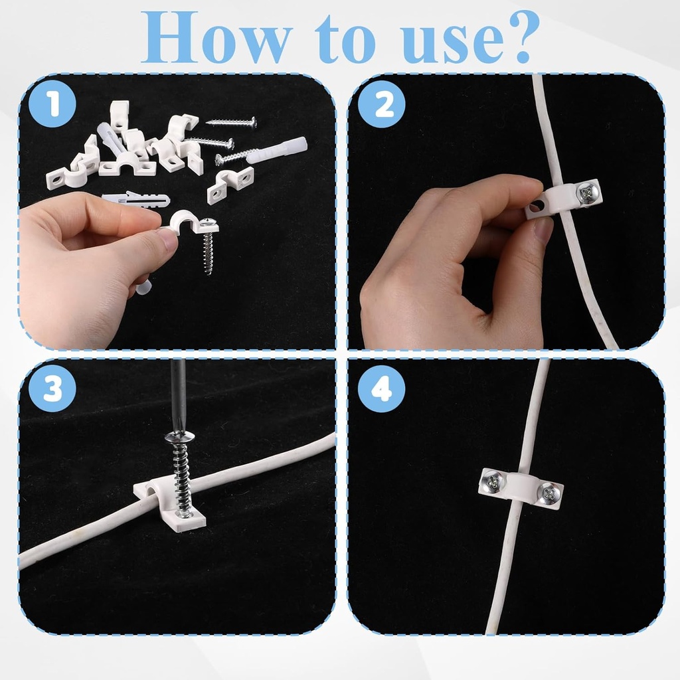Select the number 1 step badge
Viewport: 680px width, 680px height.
pos(52,105)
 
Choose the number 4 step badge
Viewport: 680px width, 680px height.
pos(381,390)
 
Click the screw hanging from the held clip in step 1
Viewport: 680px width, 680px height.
pos(208,249)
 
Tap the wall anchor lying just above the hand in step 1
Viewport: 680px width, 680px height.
pos(135,199)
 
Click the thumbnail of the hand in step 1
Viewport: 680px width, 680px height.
pos(166,238)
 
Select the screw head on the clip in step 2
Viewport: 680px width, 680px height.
pos(588,193)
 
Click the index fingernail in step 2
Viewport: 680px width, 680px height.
pos(543,230)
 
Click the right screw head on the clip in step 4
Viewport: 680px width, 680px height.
pos(548,493)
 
